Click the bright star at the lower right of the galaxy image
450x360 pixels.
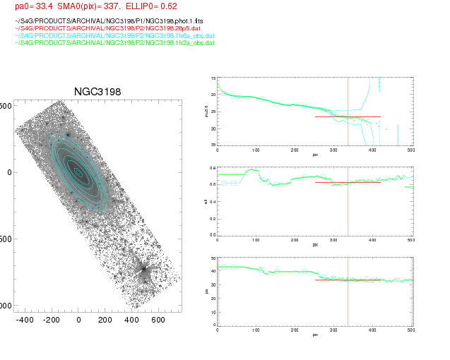[144, 268]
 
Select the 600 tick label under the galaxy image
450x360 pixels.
[158, 320]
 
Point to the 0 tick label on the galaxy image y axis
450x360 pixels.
[10, 172]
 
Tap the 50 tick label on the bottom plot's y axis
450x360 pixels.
[213, 260]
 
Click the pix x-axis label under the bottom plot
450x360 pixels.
[314, 335]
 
